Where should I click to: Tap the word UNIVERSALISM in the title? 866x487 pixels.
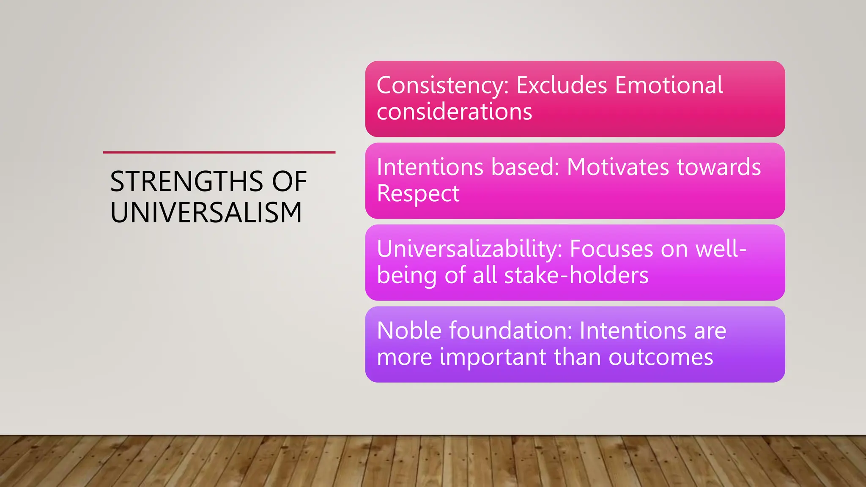[x=206, y=213]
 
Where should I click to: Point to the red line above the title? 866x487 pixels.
[x=219, y=152]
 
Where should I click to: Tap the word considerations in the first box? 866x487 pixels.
[x=454, y=112]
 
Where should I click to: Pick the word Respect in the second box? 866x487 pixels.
[x=418, y=194]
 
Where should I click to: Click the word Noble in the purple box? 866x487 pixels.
[x=409, y=331]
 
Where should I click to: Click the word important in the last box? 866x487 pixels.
[x=493, y=358]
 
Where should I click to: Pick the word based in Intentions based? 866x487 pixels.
[x=525, y=167]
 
